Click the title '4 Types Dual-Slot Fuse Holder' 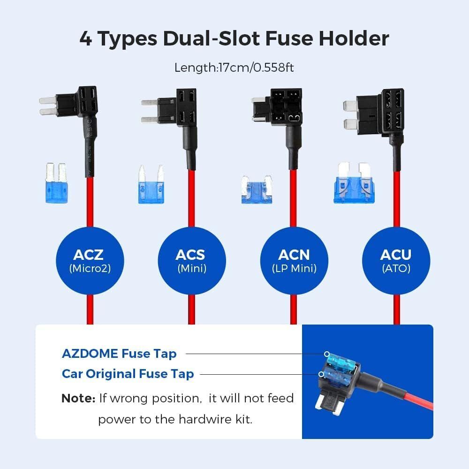click(x=234, y=38)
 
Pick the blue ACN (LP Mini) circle click(x=294, y=261)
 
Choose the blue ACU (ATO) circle click(x=395, y=261)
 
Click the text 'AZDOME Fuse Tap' click(x=119, y=354)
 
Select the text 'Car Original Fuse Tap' click(x=128, y=374)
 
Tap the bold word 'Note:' click(x=78, y=399)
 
